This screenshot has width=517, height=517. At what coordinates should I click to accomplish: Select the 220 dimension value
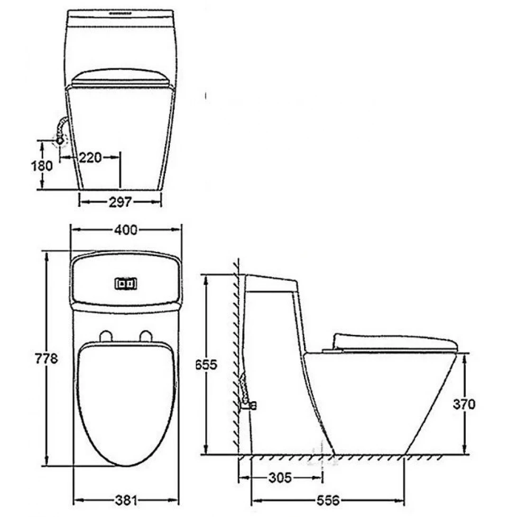click(x=90, y=157)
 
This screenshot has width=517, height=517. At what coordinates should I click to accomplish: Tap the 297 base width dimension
click(x=120, y=203)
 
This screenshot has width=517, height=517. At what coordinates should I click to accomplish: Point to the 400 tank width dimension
click(x=126, y=230)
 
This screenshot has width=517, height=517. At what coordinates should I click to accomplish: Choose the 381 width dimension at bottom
click(x=126, y=500)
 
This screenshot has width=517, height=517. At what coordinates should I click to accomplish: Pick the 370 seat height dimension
click(x=464, y=404)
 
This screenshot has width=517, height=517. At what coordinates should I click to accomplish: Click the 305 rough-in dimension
click(x=280, y=477)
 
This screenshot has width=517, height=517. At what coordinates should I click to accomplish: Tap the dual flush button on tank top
click(x=126, y=284)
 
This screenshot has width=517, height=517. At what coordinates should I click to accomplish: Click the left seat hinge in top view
click(x=106, y=336)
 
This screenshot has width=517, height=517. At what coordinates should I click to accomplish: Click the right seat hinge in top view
click(x=146, y=336)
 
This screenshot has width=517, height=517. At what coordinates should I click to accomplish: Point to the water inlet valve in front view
click(x=60, y=140)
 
